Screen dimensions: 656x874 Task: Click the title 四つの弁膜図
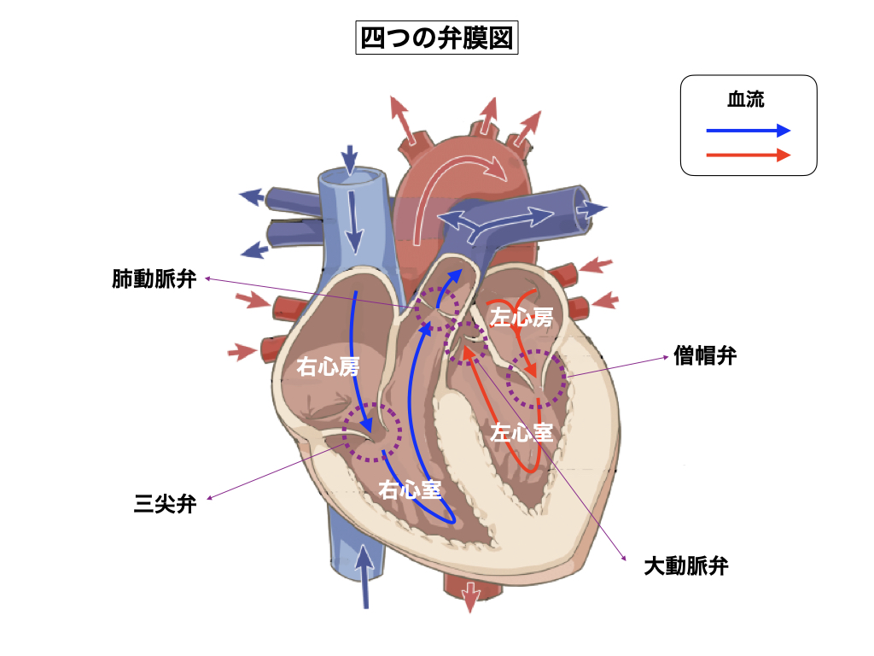[x=436, y=38]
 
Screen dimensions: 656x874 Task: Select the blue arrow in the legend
[x=748, y=131]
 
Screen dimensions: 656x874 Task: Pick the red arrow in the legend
[x=748, y=155]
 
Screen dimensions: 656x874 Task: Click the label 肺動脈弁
[x=154, y=279]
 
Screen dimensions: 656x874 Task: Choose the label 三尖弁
[x=166, y=504]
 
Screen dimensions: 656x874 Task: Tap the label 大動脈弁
[x=685, y=565]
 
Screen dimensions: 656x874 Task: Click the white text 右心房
[x=328, y=367]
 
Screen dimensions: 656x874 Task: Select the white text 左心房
[x=521, y=319]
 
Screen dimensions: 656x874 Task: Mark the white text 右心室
[x=410, y=489]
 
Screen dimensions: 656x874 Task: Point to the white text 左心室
[x=521, y=432]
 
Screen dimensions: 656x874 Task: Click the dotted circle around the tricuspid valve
[x=371, y=432]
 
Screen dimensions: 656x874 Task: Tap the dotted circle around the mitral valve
[x=536, y=379]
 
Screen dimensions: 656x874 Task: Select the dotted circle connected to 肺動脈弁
[x=437, y=309]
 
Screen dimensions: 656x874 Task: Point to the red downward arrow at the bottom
[x=470, y=595]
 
